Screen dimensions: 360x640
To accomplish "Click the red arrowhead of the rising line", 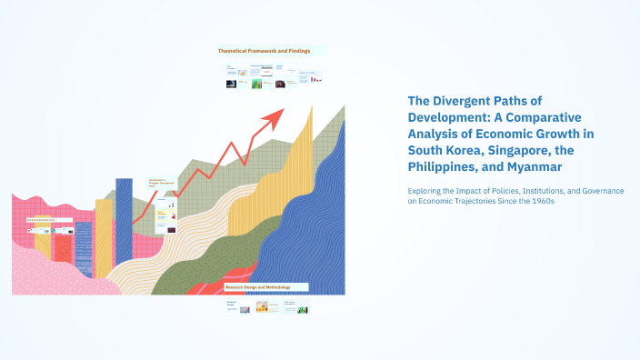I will click(x=275, y=116).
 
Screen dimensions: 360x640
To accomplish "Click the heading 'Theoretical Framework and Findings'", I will click(x=264, y=51).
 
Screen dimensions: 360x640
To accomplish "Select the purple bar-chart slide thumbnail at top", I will click(x=315, y=78).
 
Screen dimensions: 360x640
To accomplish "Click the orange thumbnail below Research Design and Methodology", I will click(x=262, y=309).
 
